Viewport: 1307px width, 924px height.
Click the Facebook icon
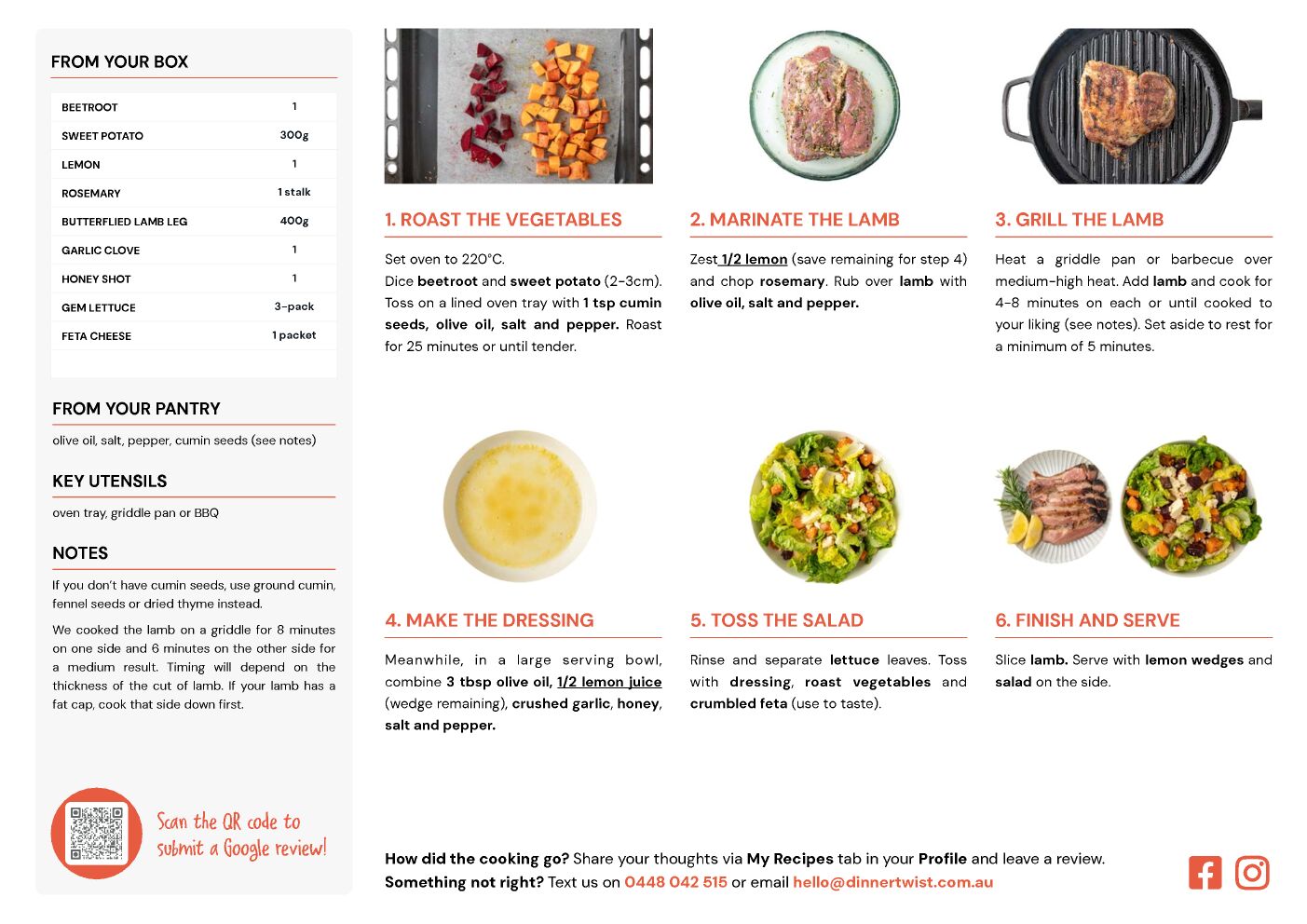tap(1205, 873)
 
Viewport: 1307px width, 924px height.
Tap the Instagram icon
tap(1251, 873)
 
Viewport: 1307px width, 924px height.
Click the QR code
tap(96, 834)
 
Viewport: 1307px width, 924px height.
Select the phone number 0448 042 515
tap(675, 882)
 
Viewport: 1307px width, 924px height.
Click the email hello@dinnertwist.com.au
tap(892, 882)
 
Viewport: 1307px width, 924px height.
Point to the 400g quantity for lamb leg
tap(294, 221)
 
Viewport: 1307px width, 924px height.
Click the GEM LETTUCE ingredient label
tap(99, 307)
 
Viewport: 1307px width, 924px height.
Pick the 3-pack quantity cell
tap(294, 306)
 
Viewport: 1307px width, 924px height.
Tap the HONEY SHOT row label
tap(96, 279)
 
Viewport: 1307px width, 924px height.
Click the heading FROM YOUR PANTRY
tap(136, 408)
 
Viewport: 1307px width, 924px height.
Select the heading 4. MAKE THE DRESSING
tap(489, 620)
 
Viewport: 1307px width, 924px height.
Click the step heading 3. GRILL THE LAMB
tap(1080, 219)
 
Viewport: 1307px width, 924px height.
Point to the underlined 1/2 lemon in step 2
tap(754, 259)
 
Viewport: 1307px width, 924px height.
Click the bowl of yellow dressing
tap(519, 506)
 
